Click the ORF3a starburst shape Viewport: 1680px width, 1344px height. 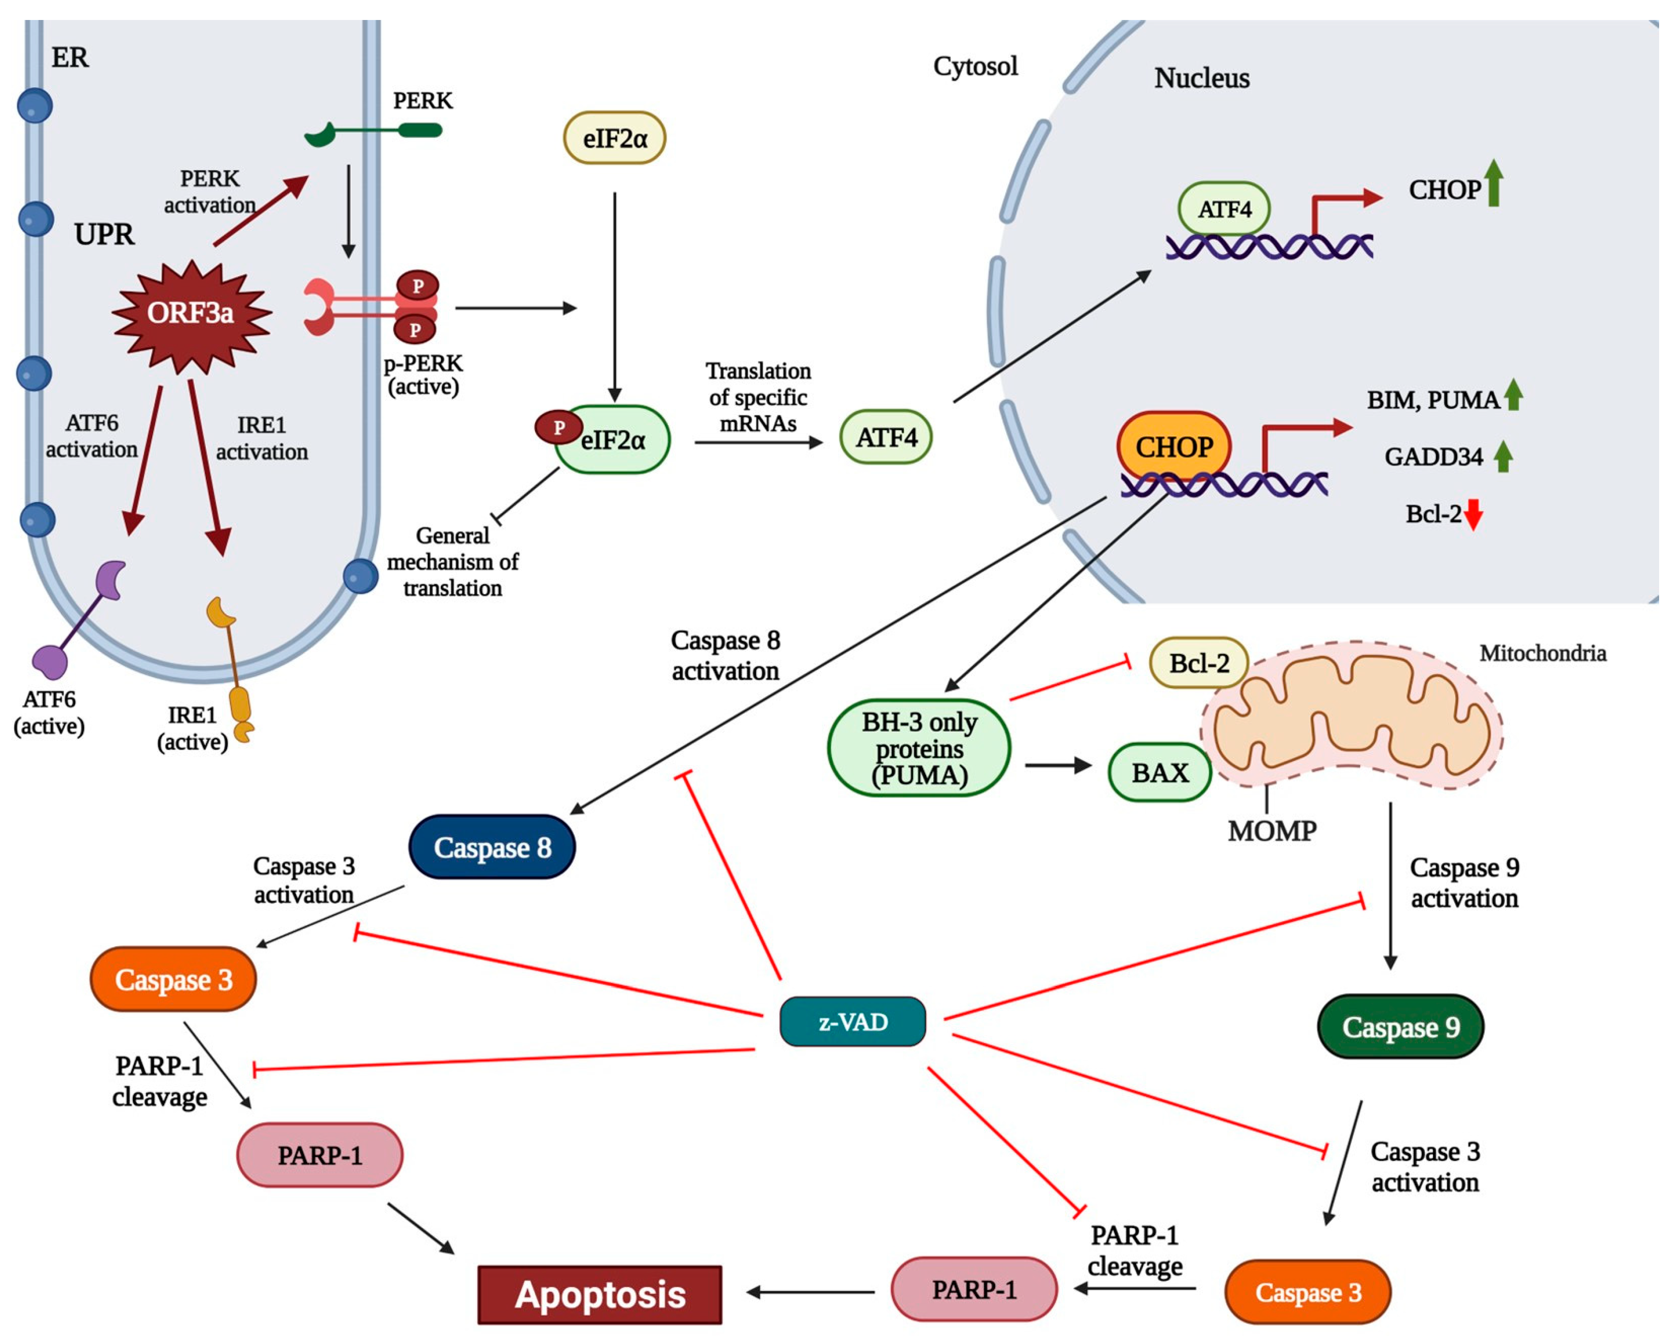(191, 313)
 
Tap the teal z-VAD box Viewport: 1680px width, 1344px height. (852, 1021)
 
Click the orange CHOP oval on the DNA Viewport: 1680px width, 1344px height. (1173, 447)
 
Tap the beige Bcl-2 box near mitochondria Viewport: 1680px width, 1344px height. (1198, 663)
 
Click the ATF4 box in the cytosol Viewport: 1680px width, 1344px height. (885, 438)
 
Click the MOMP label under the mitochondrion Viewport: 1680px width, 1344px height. (1271, 831)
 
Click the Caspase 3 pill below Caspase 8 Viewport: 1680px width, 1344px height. (173, 979)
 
